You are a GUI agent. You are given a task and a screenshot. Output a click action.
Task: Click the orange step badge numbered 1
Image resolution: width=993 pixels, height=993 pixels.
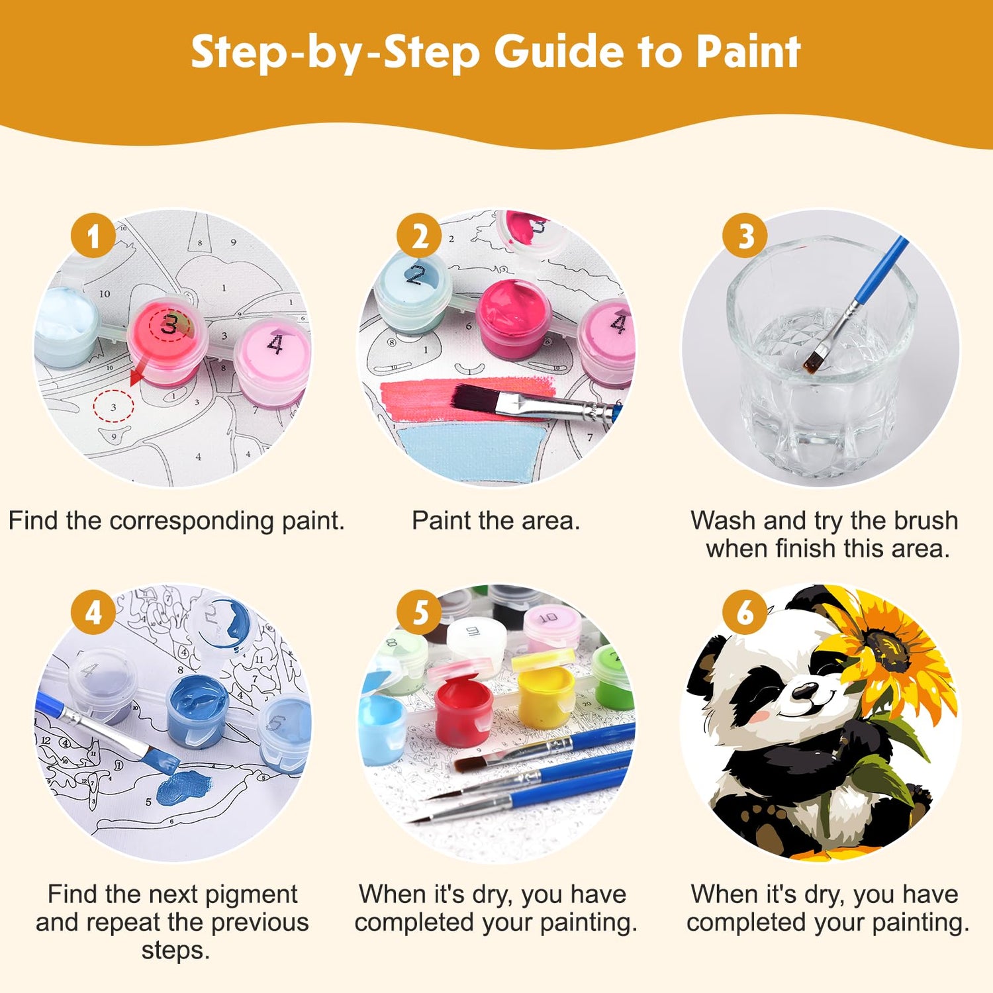(93, 236)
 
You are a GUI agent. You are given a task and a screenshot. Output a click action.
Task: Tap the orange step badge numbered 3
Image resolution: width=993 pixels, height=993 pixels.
(745, 236)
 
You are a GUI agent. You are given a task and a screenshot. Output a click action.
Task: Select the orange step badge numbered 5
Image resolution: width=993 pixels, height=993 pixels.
(420, 612)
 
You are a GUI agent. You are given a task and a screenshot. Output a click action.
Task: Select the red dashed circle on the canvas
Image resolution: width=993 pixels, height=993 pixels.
(113, 406)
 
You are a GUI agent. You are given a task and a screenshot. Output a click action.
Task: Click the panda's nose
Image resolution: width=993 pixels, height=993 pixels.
(805, 691)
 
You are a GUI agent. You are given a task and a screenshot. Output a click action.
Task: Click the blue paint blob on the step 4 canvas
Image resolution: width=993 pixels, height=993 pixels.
(183, 787)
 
